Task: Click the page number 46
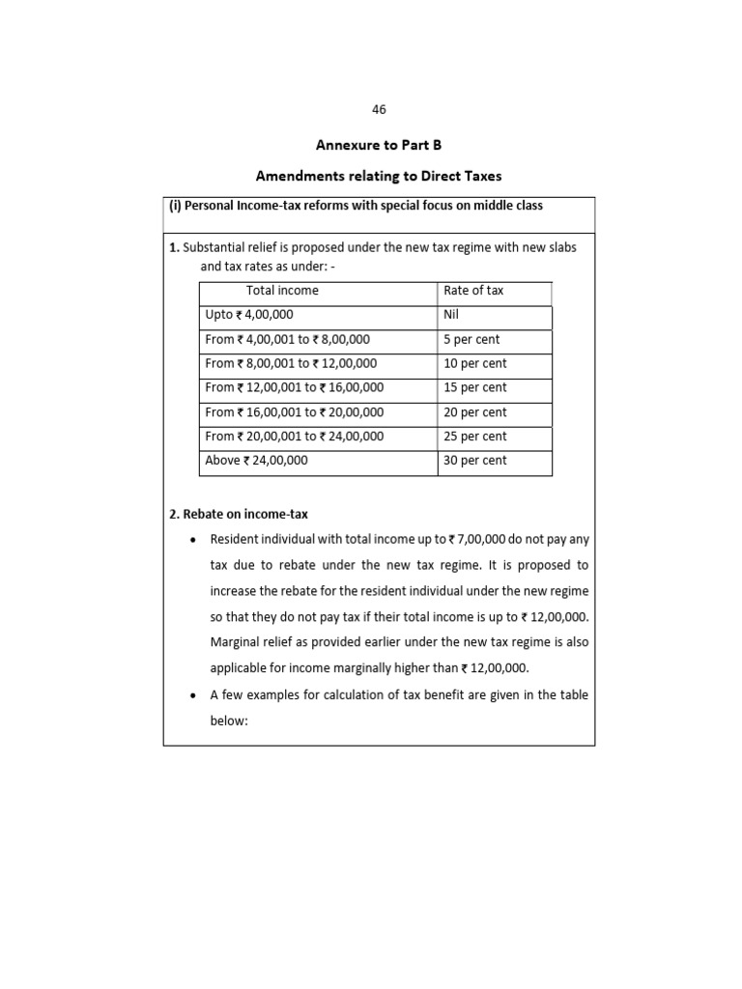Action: [x=379, y=110]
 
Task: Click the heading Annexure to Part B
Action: [x=379, y=145]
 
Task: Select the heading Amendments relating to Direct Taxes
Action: [x=379, y=176]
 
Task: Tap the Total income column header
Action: [x=282, y=291]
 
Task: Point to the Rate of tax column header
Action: [x=473, y=291]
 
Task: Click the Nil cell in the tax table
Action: [x=453, y=315]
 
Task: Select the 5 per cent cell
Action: [x=471, y=340]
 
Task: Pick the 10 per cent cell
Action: [x=474, y=364]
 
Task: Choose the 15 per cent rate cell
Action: [x=474, y=388]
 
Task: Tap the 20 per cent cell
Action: [x=474, y=412]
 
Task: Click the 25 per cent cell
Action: [x=474, y=437]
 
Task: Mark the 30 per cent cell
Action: [x=474, y=461]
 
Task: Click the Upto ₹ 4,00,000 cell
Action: [x=249, y=315]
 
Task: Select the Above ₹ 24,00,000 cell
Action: [x=256, y=461]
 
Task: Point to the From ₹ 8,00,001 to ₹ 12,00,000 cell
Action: [x=291, y=364]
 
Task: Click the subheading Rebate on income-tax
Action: [x=239, y=514]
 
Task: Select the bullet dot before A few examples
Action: [x=195, y=695]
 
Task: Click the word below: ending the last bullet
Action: [x=230, y=721]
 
